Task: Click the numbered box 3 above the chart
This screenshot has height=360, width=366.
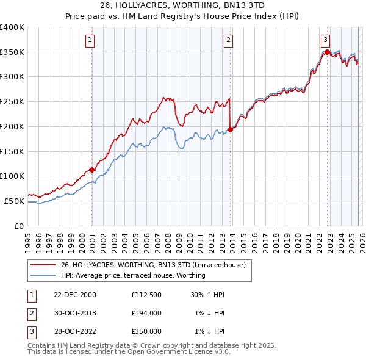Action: pos(326,40)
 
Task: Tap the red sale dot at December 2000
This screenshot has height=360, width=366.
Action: pos(91,170)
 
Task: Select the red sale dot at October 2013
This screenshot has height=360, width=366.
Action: pos(230,129)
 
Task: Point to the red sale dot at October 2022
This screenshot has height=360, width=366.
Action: pos(327,52)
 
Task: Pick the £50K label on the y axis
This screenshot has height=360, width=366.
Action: pos(15,201)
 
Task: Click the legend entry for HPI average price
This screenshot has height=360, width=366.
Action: pos(133,275)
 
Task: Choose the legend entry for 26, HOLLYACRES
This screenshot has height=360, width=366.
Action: pos(153,265)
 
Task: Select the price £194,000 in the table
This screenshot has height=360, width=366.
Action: pos(146,313)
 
